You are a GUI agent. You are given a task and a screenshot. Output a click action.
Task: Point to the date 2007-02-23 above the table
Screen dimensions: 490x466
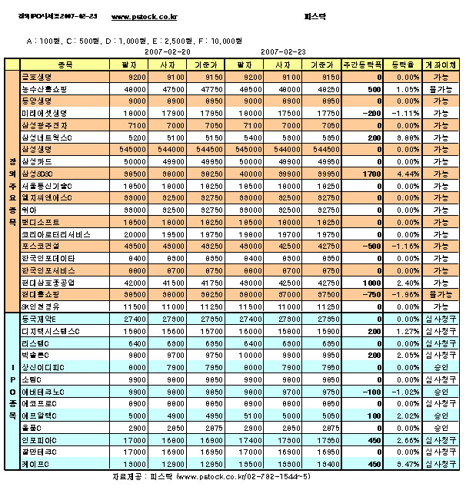point(283,51)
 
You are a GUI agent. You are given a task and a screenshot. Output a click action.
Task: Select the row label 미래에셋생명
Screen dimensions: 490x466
point(42,113)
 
